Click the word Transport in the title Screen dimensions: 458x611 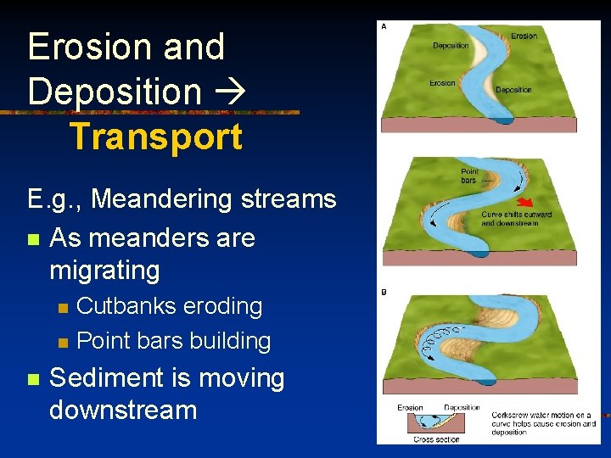pos(155,137)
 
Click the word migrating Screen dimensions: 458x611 pos(104,271)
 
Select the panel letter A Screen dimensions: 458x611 pos(384,26)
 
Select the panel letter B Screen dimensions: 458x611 pos(384,293)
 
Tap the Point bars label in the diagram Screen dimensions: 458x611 pos(469,176)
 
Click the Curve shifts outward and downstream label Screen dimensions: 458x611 pos(516,219)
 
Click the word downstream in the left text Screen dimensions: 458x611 pos(123,411)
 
